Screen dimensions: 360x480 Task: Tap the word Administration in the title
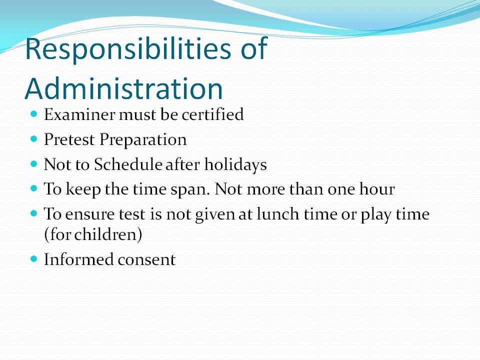(123, 89)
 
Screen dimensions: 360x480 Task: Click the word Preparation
(143, 140)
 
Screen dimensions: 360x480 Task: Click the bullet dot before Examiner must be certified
(34, 114)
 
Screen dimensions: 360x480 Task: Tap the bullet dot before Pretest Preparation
(34, 139)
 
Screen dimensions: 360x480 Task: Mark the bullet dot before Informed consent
(34, 259)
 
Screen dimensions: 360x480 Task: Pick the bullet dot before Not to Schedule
(34, 164)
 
